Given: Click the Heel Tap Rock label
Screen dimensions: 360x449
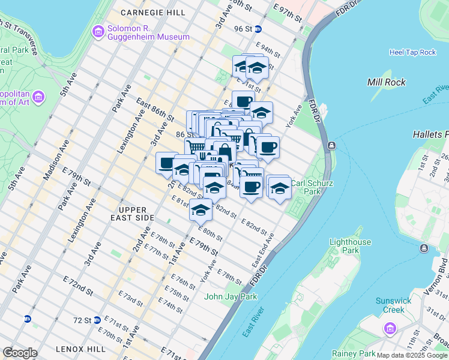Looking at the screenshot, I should coord(412,52).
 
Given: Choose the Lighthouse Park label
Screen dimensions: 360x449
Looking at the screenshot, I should coord(350,246).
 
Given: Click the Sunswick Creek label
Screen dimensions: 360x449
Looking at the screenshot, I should coord(390,305).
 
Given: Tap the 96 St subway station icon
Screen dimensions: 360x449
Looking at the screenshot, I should coord(258,29).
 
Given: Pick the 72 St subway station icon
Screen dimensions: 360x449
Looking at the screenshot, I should coord(97,320).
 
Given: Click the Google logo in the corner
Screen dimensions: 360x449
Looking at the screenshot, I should coord(20,353).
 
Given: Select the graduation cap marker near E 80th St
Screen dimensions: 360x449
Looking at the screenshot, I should coord(200,211).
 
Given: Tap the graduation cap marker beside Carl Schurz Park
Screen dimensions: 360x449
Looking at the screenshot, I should coord(279,188).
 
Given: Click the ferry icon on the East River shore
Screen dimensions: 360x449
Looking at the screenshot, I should coord(331,146).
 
